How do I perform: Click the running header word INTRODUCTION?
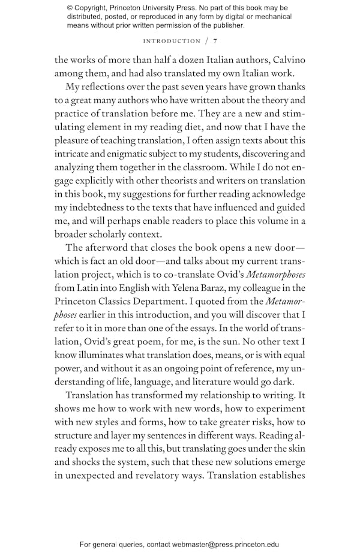tap(172, 41)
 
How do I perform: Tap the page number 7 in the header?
tap(215, 41)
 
